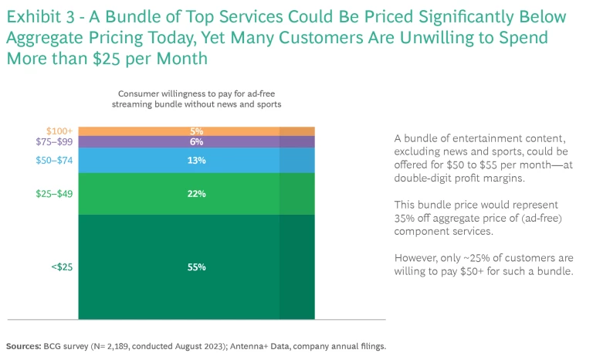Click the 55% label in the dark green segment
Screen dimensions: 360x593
point(195,267)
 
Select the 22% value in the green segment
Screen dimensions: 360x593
point(195,194)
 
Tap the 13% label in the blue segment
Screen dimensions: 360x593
point(195,161)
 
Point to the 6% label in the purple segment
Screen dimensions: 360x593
point(195,142)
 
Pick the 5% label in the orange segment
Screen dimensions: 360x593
point(195,131)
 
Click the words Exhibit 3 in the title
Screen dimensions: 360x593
point(38,17)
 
